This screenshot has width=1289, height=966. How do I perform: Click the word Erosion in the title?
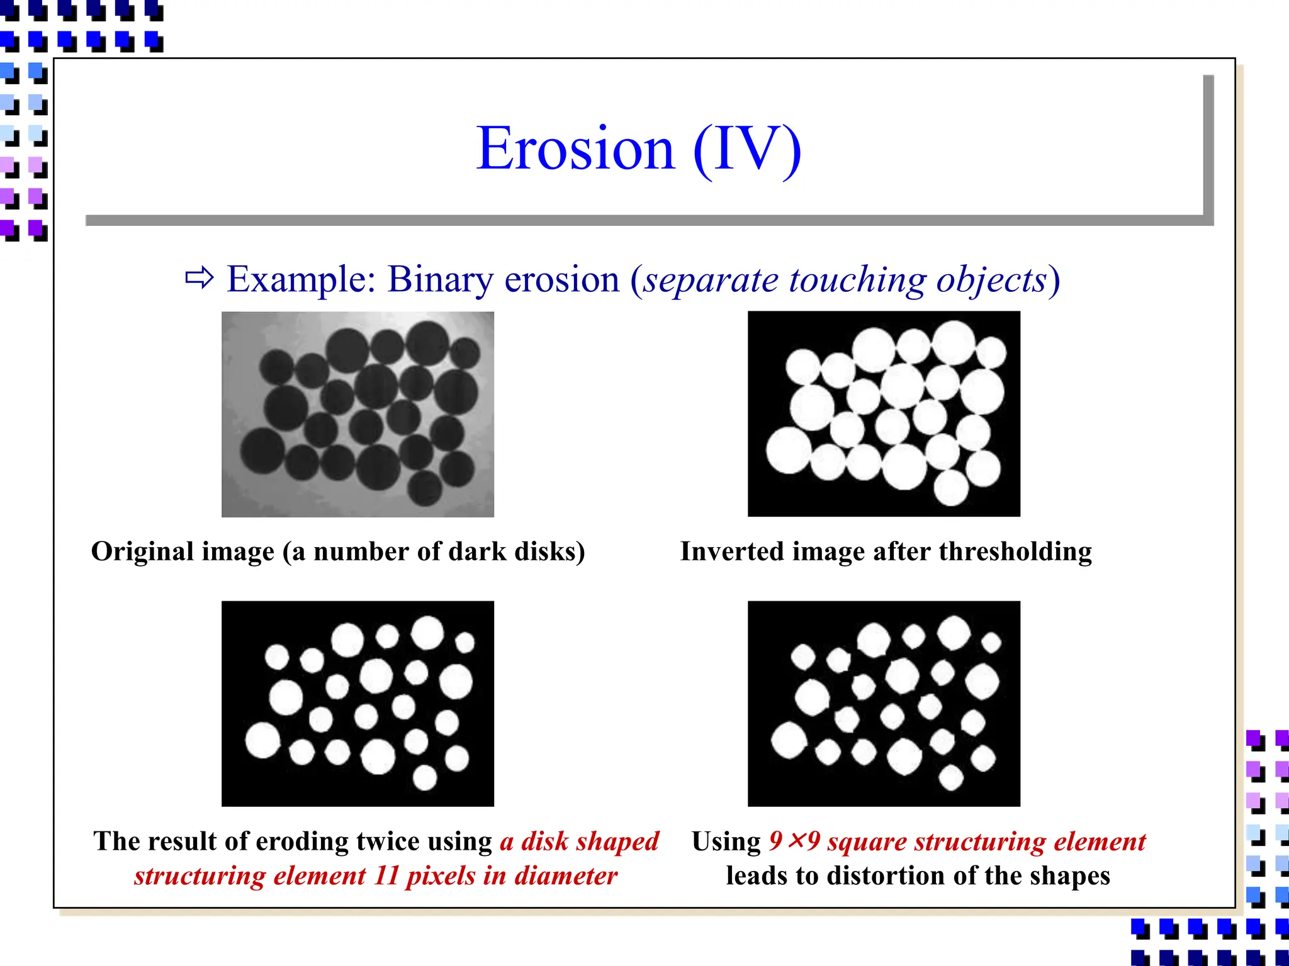pos(575,149)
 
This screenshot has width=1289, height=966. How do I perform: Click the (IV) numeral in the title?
pos(747,149)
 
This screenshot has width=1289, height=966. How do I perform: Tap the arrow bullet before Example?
pos(200,277)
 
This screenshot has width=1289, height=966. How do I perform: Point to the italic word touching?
pos(856,280)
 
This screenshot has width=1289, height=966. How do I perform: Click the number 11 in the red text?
pos(386,875)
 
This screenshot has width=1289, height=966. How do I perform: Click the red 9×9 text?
pos(794,841)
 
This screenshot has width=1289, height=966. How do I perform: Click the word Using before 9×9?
pos(726,841)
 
